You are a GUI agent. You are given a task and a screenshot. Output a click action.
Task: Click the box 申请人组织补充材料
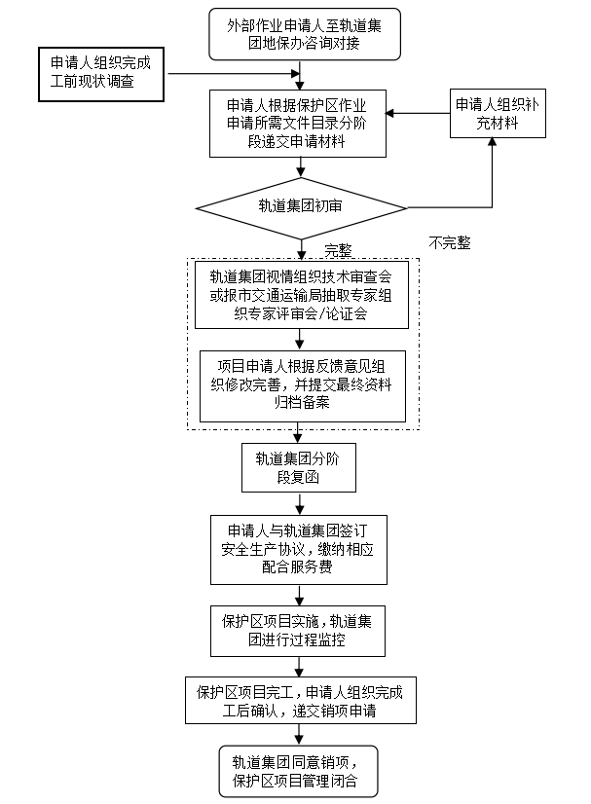[498, 115]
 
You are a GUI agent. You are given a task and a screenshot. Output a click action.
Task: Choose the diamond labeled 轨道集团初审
[301, 206]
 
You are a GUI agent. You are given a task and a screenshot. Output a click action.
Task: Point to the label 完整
[338, 249]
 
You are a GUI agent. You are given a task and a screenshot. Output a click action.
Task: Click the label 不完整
[450, 242]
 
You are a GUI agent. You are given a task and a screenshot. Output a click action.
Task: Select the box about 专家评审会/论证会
[300, 295]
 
